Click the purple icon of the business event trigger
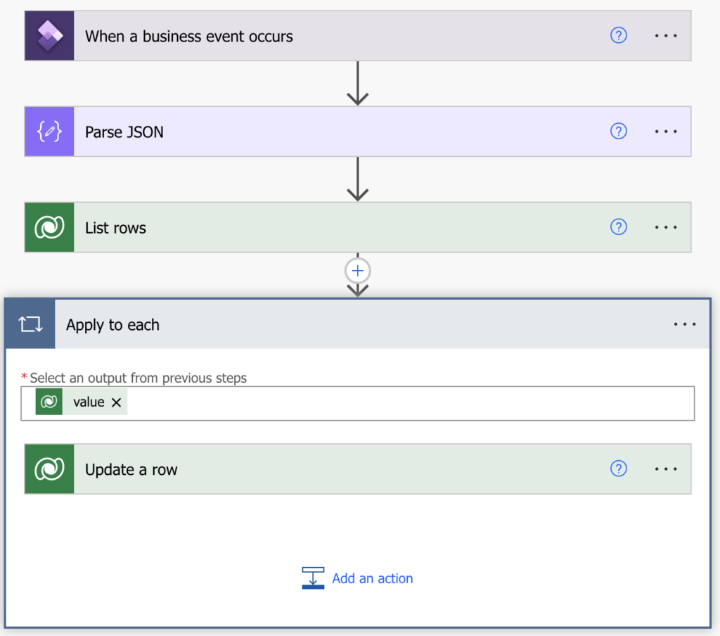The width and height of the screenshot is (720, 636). click(x=49, y=36)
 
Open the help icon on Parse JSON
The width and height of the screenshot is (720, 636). click(x=619, y=132)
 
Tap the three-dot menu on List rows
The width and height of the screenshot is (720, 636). click(x=666, y=227)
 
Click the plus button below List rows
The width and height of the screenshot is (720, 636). click(x=358, y=271)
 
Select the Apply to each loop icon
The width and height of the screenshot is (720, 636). click(x=30, y=324)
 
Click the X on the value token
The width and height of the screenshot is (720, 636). click(x=116, y=402)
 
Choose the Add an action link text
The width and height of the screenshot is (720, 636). click(x=373, y=578)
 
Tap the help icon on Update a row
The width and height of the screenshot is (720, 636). click(x=619, y=469)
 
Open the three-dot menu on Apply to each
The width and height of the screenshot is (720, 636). click(x=685, y=324)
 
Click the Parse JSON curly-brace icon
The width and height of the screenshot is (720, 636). click(x=49, y=132)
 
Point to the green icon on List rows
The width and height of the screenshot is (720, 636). click(x=49, y=227)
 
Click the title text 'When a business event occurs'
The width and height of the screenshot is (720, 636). click(x=188, y=37)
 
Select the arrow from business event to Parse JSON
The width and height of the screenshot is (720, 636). click(x=358, y=83)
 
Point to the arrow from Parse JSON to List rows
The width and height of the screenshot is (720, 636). click(x=358, y=179)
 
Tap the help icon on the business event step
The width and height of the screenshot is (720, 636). click(x=619, y=35)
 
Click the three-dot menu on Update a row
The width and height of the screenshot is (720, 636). click(x=666, y=469)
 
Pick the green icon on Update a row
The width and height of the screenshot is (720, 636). click(x=49, y=469)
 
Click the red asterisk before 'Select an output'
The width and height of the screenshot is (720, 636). click(x=25, y=377)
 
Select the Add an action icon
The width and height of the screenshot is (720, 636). click(x=313, y=578)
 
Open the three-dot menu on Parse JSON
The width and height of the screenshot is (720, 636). click(x=666, y=132)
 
